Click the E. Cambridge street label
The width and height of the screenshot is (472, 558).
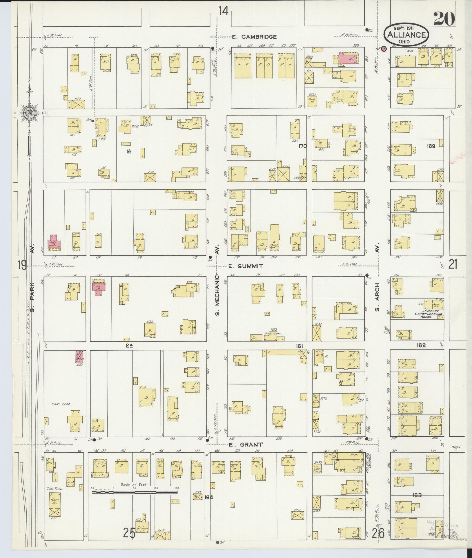pos(254,37)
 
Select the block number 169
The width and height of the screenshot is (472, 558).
pos(431,146)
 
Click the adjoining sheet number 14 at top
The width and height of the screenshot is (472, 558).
pos(223,11)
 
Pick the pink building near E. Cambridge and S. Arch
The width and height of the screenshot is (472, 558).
pos(348,59)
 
